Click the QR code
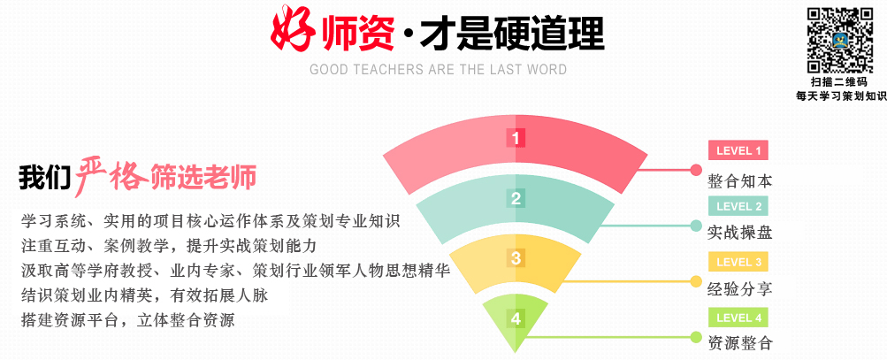tap(840, 40)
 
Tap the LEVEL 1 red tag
tap(738, 150)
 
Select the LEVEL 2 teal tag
tap(738, 206)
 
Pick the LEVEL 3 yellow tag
tap(738, 262)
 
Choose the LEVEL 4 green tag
tap(738, 318)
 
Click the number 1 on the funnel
tap(516, 138)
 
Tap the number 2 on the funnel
tap(516, 199)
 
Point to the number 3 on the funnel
tap(516, 258)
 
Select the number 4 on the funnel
tap(516, 318)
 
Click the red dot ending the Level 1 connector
tap(696, 169)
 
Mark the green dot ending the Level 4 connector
tap(696, 337)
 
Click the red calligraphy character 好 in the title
tap(293, 28)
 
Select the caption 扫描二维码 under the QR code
tap(838, 82)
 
